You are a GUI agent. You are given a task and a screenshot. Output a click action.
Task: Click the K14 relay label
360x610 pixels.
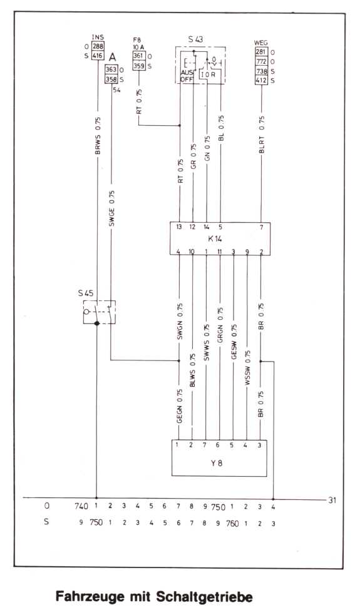coord(215,238)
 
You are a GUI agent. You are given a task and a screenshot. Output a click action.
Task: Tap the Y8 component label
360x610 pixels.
coord(217,463)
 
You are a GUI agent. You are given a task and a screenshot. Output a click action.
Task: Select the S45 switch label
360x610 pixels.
coord(86,293)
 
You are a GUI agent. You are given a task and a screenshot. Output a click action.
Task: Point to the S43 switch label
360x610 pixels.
coord(196,39)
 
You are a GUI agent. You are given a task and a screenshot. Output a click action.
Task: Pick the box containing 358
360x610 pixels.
coord(111,79)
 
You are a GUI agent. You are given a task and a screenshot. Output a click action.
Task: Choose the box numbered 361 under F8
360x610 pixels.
coord(139,56)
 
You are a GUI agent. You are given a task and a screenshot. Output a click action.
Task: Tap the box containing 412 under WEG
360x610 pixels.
coord(262,81)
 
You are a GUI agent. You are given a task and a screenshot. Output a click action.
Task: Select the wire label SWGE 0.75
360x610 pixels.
coord(111,208)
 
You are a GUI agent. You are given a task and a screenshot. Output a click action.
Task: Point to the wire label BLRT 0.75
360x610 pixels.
coord(262,135)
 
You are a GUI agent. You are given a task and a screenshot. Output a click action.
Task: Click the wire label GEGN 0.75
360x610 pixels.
coord(180,406)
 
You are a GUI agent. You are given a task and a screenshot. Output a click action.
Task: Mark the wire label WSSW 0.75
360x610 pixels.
coord(248,368)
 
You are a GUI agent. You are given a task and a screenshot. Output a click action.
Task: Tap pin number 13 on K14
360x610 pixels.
coord(179,227)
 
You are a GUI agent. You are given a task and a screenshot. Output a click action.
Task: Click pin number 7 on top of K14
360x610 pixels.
coord(261,227)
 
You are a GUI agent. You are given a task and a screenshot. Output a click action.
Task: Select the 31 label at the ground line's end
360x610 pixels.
coord(332,500)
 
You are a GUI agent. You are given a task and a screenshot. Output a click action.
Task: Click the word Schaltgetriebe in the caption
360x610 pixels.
coord(204,596)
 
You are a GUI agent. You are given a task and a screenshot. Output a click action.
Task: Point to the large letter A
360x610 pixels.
coord(113,57)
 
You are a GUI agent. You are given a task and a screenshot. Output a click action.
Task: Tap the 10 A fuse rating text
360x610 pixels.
coord(138,47)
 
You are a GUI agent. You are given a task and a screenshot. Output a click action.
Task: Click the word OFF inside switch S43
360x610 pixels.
coord(187,79)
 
